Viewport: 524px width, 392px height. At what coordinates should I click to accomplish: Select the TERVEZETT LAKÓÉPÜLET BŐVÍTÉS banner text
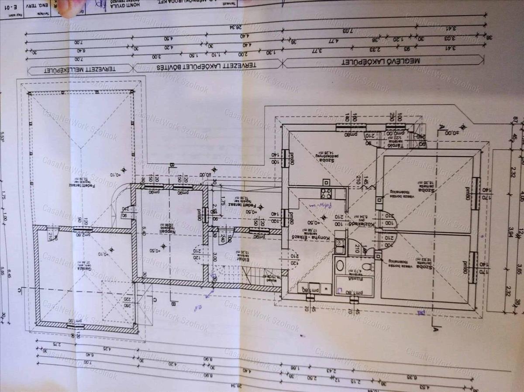pos(206,65)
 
